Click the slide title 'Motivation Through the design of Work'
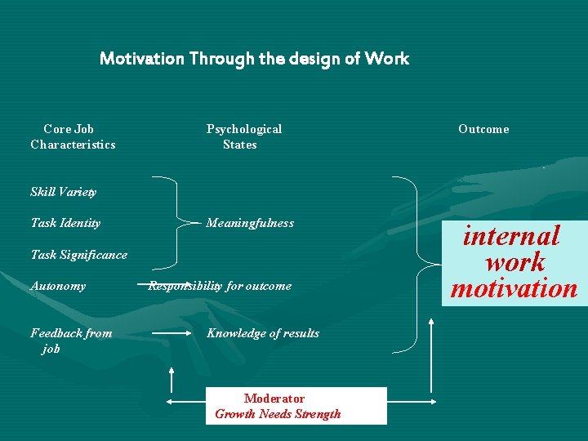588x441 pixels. coord(254,59)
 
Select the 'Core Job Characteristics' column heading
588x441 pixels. coord(73,136)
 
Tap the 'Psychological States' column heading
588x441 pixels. coord(243,136)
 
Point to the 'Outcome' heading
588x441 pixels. coord(483,129)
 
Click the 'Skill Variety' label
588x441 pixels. coord(63,192)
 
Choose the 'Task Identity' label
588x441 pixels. coord(65,223)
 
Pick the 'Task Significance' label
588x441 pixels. coord(78,255)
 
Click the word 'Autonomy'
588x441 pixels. coord(57,286)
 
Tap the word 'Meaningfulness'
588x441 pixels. coord(250,223)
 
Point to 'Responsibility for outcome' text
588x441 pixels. coord(220,286)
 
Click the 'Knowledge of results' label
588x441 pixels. coord(263,333)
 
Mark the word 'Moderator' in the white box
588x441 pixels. coord(274,399)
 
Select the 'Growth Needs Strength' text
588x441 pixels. coord(278,414)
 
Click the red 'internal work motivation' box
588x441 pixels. coord(514,262)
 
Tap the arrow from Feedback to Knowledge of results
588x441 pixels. coord(171,333)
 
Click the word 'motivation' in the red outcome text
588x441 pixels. coord(514,288)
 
